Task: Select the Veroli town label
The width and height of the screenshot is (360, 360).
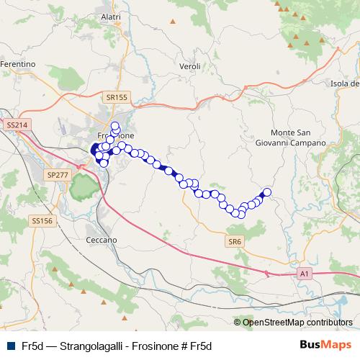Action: [189, 66]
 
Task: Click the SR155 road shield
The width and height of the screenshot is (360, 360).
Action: [114, 96]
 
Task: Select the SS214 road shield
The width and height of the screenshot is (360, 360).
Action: [16, 125]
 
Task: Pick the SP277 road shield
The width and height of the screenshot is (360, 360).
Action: [56, 174]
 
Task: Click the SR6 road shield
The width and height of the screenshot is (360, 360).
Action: [234, 241]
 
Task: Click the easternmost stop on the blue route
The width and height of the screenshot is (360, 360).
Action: [267, 192]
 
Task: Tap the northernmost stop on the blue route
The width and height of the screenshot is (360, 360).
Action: [114, 126]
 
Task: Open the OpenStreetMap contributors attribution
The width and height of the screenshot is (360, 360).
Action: [297, 323]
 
